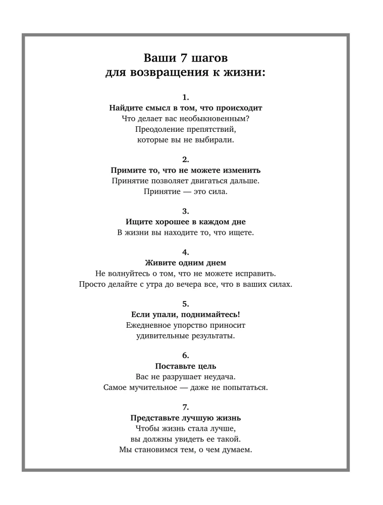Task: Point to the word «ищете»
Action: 242,232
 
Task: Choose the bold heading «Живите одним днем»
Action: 186,263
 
